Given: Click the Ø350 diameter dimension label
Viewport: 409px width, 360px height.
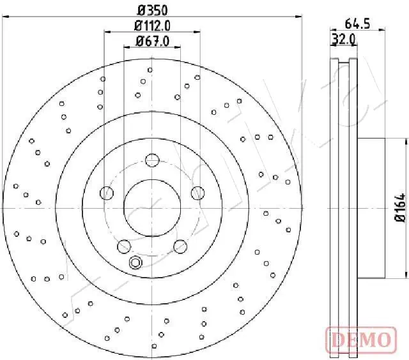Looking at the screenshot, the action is click(x=153, y=11).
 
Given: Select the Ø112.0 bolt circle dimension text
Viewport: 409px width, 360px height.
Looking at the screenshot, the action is click(x=152, y=26).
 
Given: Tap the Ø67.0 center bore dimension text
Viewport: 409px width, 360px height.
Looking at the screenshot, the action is click(x=153, y=41).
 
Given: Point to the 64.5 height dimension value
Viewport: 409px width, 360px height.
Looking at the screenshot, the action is click(x=357, y=24).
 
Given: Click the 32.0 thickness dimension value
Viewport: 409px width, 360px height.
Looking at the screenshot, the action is click(x=344, y=40).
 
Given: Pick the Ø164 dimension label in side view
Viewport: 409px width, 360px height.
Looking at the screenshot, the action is click(x=401, y=207).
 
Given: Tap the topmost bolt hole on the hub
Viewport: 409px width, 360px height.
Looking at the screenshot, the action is click(x=152, y=160).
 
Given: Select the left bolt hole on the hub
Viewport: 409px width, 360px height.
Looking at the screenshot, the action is click(x=107, y=193).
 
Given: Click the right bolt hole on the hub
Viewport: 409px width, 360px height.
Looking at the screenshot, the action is click(x=197, y=193).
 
